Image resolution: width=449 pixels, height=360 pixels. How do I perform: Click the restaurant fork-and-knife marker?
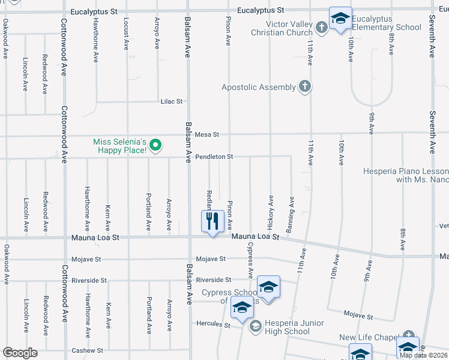click(x=212, y=221)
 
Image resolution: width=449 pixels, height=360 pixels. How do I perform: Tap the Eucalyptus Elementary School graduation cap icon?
click(x=340, y=17)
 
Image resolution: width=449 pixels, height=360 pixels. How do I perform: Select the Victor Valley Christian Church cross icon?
click(x=322, y=27)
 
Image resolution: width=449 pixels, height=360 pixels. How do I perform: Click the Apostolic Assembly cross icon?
click(x=304, y=87)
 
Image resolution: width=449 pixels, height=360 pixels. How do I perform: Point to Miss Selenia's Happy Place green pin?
click(x=155, y=145)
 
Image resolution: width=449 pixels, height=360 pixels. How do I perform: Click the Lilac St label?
click(x=171, y=101)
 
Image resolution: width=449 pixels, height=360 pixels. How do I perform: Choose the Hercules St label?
click(x=214, y=324)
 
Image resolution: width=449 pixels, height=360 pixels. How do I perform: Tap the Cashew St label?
click(x=88, y=350)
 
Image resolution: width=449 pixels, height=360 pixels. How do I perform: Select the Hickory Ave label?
click(x=271, y=209)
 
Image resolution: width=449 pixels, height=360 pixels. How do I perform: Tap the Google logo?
click(x=20, y=353)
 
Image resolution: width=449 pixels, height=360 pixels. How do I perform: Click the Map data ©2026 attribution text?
click(x=423, y=355)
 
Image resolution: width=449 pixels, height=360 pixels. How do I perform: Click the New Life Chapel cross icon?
click(x=409, y=335)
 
